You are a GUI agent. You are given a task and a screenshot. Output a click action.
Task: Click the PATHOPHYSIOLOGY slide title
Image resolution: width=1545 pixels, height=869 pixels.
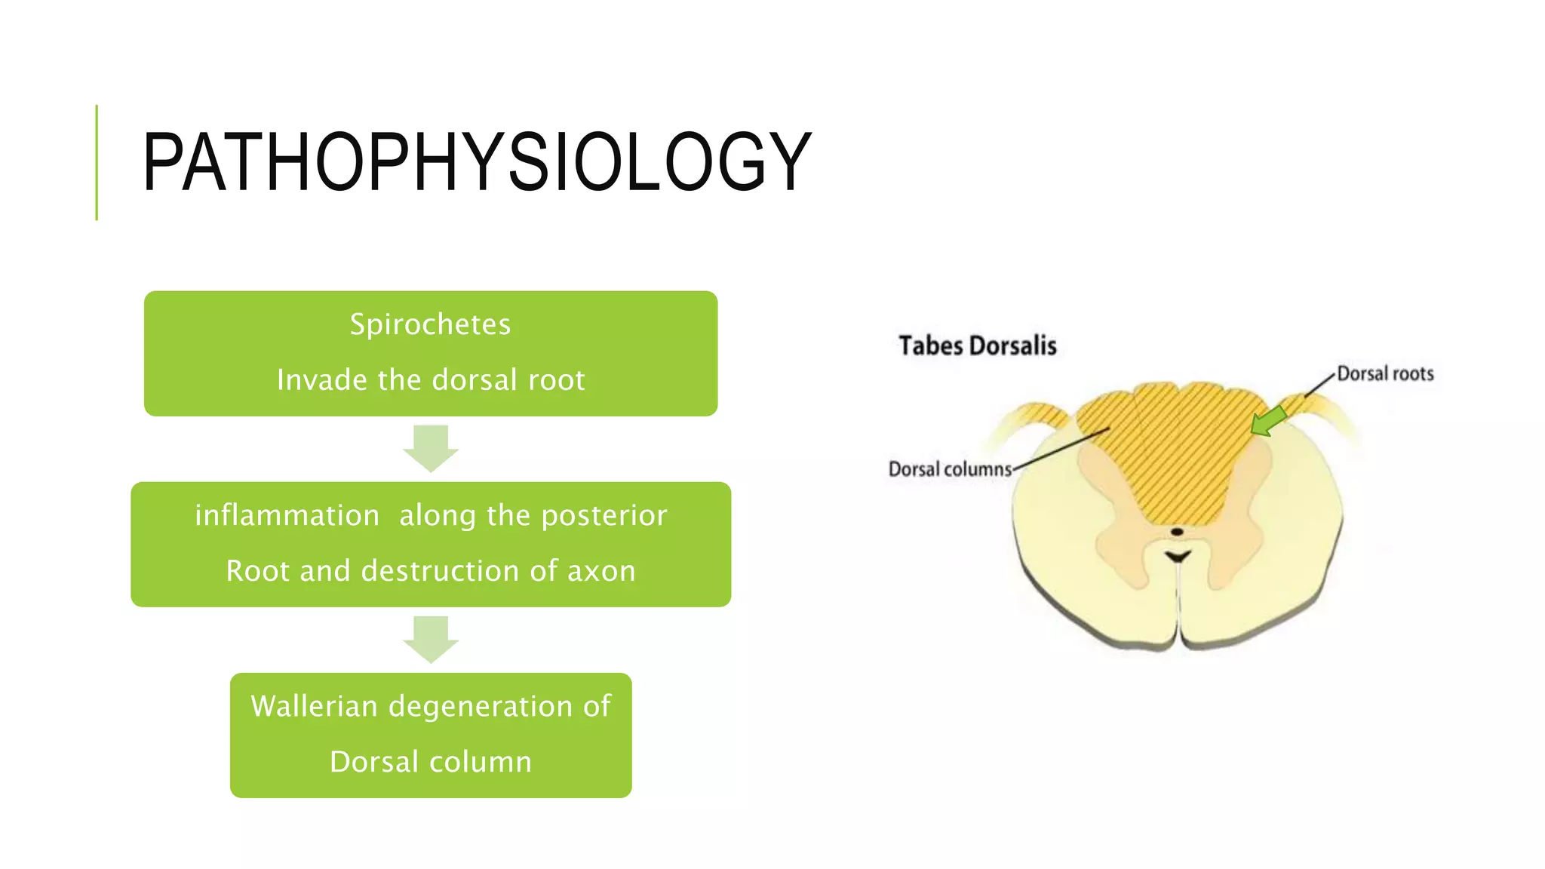[x=477, y=161]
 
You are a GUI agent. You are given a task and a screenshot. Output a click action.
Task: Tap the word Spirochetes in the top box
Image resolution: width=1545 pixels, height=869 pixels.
[x=430, y=324]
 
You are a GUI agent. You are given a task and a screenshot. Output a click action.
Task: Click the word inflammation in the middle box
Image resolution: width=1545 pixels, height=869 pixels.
[x=287, y=515]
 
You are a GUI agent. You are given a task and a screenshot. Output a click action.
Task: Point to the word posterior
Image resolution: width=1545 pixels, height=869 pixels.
[x=604, y=515]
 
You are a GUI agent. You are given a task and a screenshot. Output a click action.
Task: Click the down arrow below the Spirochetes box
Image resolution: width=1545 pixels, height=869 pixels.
[x=431, y=448]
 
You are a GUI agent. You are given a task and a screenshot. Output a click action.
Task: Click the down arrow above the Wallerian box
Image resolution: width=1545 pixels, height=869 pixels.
[x=431, y=639]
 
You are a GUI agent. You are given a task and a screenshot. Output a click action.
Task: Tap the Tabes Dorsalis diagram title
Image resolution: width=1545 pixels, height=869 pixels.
[x=978, y=345]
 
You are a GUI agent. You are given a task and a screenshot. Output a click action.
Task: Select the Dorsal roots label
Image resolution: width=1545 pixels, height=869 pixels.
[x=1385, y=373]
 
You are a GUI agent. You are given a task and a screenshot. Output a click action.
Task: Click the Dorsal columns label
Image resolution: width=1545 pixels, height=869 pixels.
[x=950, y=469]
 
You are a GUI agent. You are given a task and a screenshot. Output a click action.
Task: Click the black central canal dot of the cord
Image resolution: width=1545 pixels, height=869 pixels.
[x=1176, y=532]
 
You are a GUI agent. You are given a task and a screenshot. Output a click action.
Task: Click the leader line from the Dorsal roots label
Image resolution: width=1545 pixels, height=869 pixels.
[x=1320, y=385]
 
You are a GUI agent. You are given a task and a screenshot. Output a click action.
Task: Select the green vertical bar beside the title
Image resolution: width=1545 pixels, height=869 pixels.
[x=97, y=162]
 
